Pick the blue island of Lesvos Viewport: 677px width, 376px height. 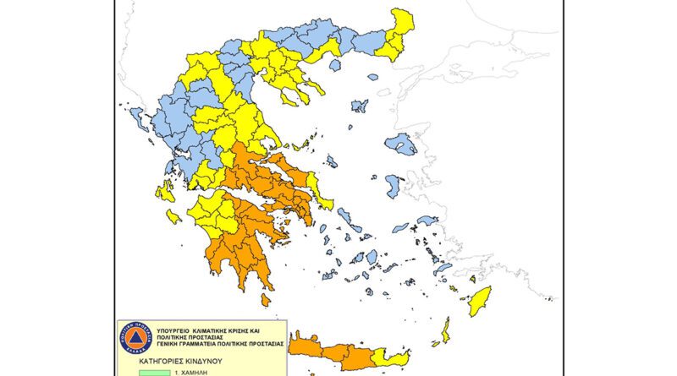[x=399, y=144]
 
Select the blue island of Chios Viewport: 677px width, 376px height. [x=394, y=185]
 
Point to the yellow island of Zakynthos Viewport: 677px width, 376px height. [x=173, y=216]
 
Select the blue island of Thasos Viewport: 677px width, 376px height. [x=335, y=64]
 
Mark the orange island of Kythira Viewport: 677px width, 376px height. [x=266, y=299]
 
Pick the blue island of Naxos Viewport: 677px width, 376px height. [x=372, y=255]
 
